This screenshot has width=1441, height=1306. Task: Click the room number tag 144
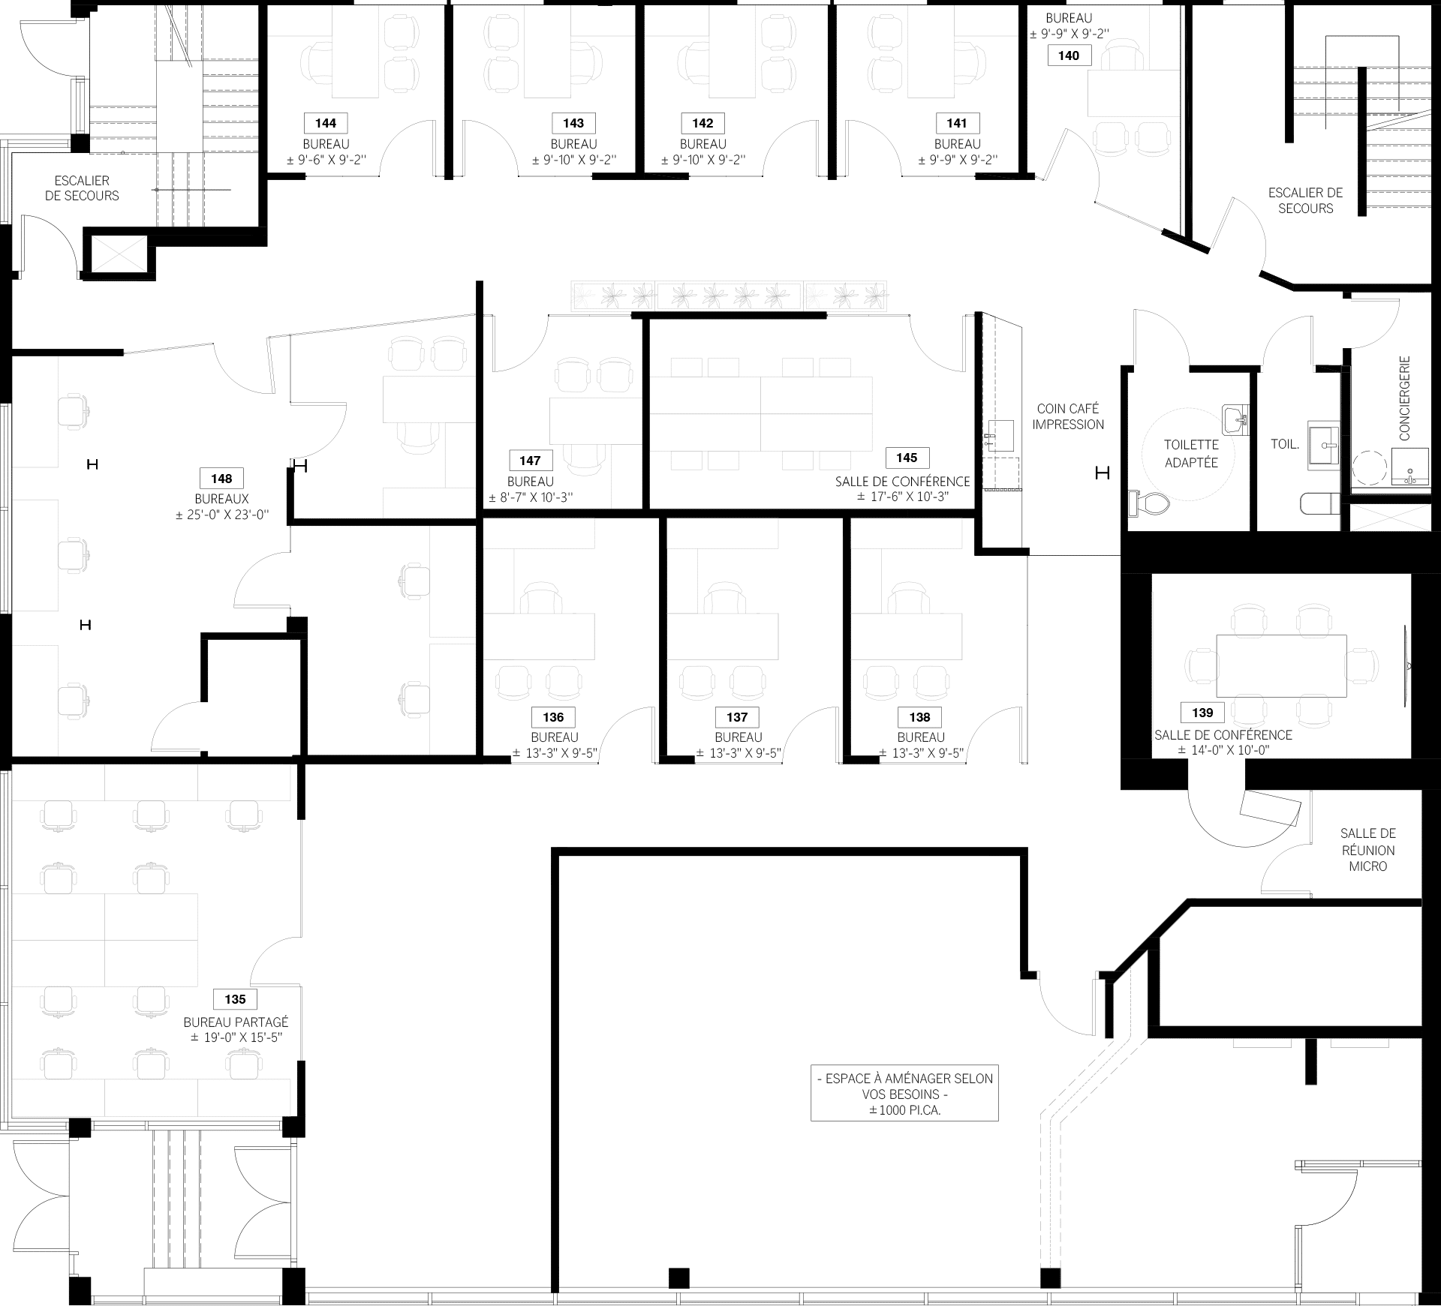[x=326, y=123]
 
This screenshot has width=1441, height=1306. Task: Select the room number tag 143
[x=573, y=123]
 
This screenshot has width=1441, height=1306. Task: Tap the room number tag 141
[x=957, y=123]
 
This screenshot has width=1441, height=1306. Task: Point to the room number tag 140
[x=1069, y=56]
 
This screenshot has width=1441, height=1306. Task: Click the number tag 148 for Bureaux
[x=221, y=479]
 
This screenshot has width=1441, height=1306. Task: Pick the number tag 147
[x=530, y=461]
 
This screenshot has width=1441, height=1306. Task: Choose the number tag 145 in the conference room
[x=907, y=458]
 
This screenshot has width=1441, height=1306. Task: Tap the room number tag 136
[x=553, y=717]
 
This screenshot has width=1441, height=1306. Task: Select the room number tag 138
[x=919, y=717]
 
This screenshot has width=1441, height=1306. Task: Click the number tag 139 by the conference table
[x=1202, y=713]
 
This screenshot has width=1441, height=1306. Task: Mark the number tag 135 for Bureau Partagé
[x=235, y=999]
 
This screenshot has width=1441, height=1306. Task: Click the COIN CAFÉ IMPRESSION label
[x=1068, y=416]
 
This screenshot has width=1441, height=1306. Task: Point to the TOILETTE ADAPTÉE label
[x=1191, y=454]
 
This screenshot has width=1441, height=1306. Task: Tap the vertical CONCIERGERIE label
[x=1404, y=398]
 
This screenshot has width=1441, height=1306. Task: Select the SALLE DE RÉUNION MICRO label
[x=1368, y=850]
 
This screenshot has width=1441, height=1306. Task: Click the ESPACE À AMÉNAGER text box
[x=904, y=1094]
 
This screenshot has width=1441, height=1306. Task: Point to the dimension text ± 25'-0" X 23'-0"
[x=222, y=515]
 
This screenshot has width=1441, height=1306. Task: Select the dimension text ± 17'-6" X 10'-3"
[x=903, y=497]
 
